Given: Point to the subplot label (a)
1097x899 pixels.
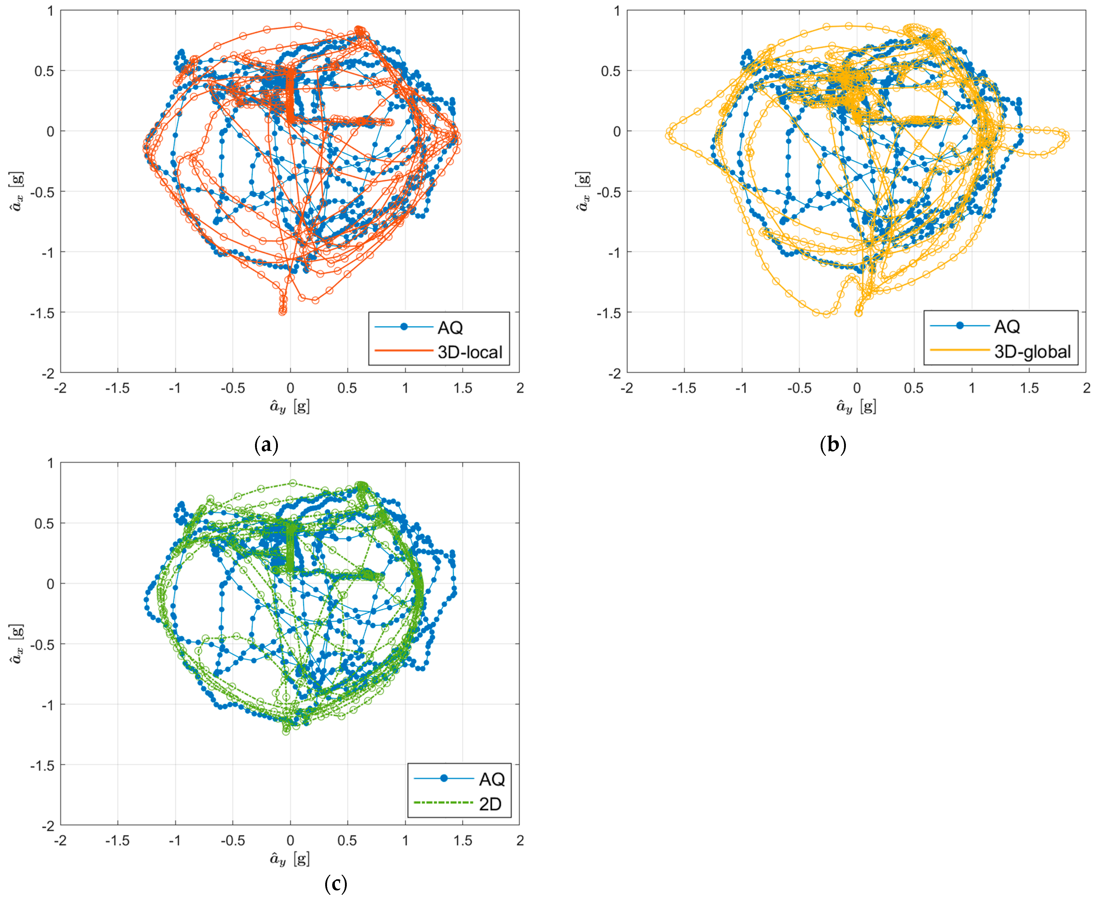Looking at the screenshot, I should tap(267, 444).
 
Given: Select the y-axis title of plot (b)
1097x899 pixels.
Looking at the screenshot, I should tap(583, 192).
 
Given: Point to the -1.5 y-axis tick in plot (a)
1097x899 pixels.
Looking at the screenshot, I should tap(42, 313).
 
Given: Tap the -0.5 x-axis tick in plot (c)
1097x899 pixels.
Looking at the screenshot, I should tap(233, 841).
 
